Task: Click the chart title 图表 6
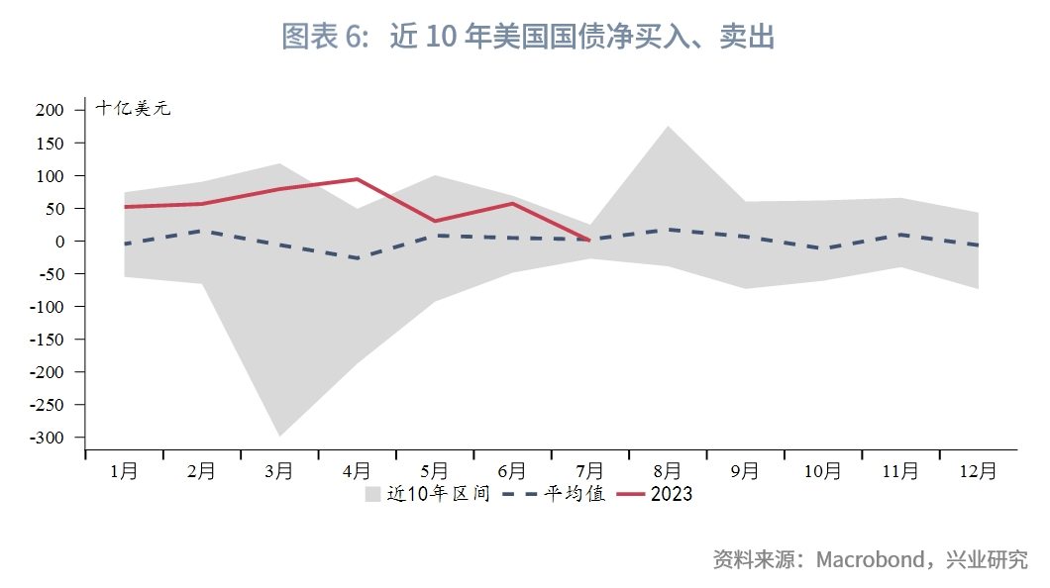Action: click(x=527, y=37)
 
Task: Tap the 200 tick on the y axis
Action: click(x=50, y=110)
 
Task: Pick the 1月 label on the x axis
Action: click(x=124, y=472)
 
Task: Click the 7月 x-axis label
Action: click(x=590, y=472)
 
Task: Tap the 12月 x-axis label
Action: click(x=980, y=472)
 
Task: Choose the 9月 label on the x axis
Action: click(x=746, y=472)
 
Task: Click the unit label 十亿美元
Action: click(x=134, y=109)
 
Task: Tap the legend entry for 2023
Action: click(x=671, y=494)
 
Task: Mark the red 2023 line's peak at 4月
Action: click(x=357, y=179)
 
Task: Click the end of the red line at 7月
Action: click(x=589, y=240)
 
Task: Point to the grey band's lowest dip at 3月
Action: click(x=279, y=436)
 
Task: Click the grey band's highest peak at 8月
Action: click(x=668, y=127)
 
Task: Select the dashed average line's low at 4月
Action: click(x=357, y=258)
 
